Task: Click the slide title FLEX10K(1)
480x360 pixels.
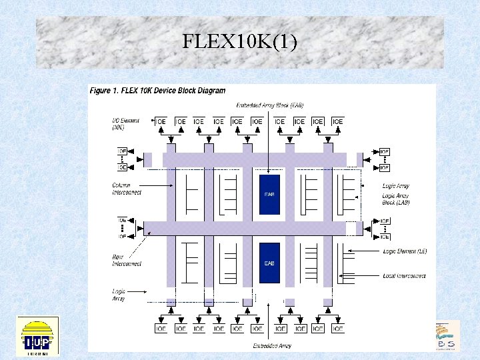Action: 240,43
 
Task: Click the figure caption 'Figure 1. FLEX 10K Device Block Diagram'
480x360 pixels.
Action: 158,91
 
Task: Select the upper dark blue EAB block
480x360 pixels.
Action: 269,195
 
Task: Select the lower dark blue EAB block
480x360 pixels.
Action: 269,264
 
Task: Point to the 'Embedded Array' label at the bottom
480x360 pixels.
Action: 272,345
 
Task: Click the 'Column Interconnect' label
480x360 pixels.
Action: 127,189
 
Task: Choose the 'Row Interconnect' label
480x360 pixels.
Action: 127,261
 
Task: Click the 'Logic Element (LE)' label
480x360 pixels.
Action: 405,251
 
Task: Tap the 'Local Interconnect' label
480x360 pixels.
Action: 405,276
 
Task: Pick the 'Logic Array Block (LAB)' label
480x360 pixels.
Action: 396,199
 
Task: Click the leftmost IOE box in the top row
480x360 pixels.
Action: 161,122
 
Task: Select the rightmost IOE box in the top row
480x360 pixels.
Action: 338,122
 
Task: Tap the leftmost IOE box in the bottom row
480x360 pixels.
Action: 161,329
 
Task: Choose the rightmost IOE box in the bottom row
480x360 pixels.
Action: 338,329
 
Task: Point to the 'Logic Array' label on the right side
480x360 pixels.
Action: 396,186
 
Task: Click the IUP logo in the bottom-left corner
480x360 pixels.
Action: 37,336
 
